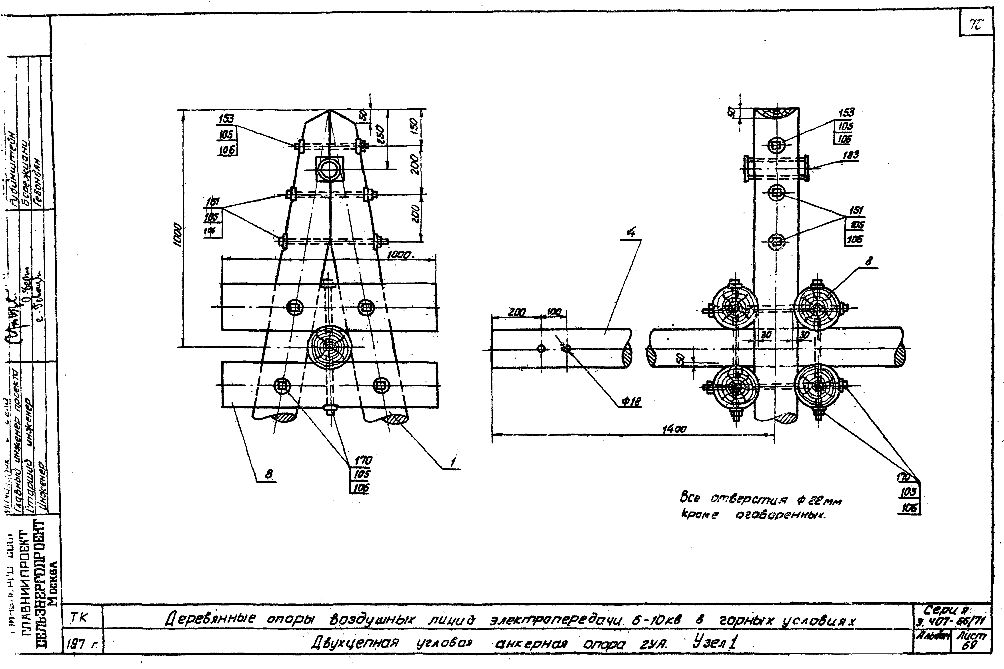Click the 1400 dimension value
tap(674, 429)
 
